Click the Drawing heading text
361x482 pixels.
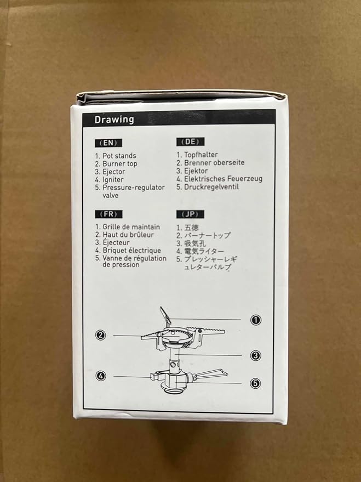coord(113,120)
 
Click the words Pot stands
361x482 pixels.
coord(119,156)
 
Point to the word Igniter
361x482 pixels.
coord(113,179)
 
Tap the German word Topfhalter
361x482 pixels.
coord(201,155)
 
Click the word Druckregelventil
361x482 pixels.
coord(211,187)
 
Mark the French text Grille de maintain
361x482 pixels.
coord(131,227)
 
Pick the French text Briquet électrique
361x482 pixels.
coord(131,250)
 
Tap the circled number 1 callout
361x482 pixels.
coord(255,320)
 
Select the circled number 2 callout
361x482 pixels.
coord(100,335)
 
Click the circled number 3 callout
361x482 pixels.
coord(255,355)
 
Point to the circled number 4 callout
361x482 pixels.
coord(100,376)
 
